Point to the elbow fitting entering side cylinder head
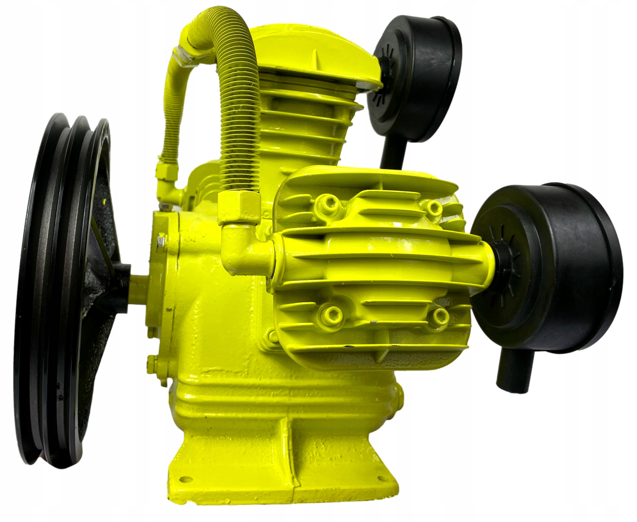(241, 250)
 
